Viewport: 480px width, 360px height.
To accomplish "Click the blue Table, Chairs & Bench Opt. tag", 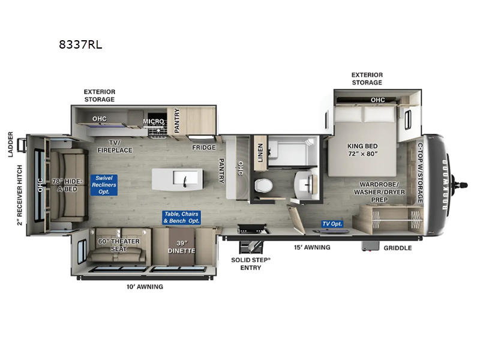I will click(182, 218).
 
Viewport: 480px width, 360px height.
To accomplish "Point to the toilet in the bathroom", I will click(263, 185).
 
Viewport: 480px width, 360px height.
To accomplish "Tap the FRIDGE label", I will click(203, 147).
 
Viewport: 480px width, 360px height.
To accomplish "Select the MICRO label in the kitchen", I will click(154, 121).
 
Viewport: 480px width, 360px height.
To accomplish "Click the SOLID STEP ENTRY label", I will click(251, 264).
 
